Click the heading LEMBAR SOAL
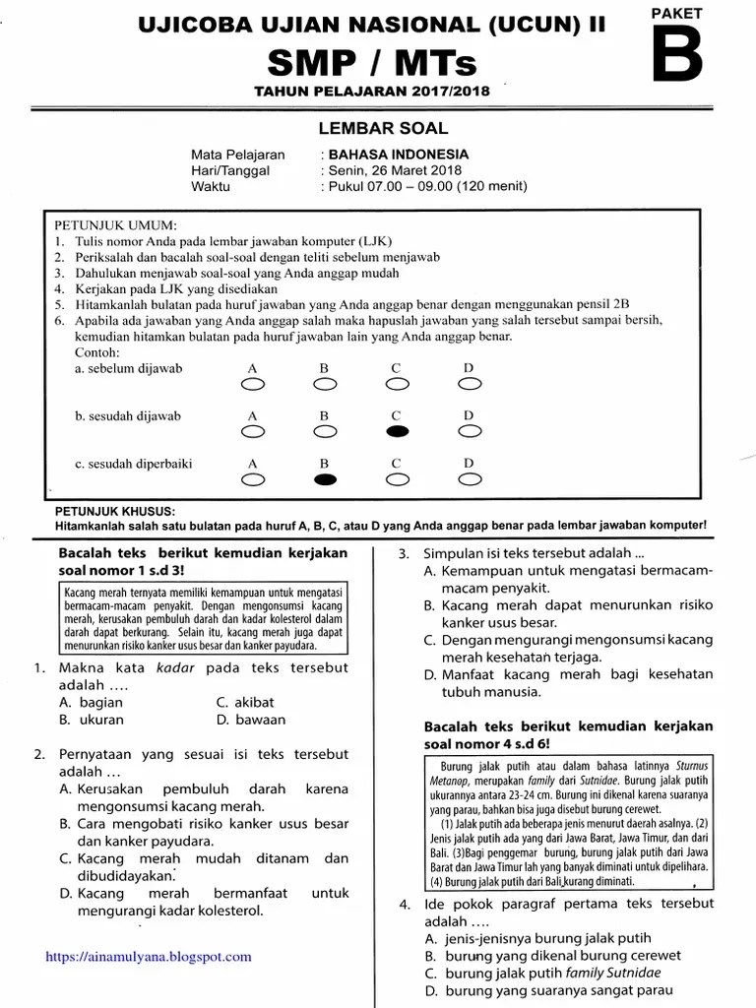(x=383, y=128)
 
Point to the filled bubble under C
(x=397, y=431)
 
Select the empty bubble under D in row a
(x=470, y=384)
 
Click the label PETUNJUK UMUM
(x=115, y=224)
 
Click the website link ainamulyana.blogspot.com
(x=148, y=956)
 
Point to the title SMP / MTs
(x=372, y=65)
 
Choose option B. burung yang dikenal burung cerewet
(x=552, y=955)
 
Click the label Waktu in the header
(x=211, y=186)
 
